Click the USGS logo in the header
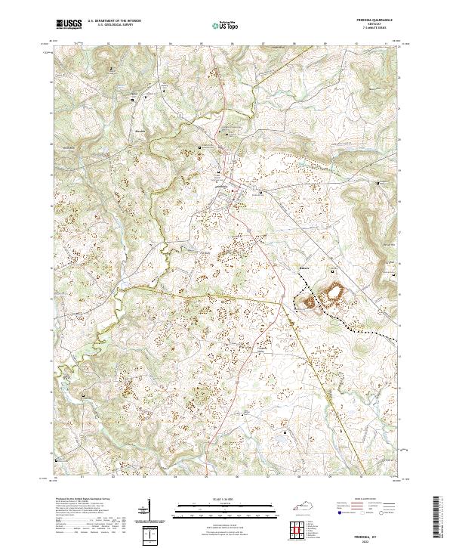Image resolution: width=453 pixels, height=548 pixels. (69, 24)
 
